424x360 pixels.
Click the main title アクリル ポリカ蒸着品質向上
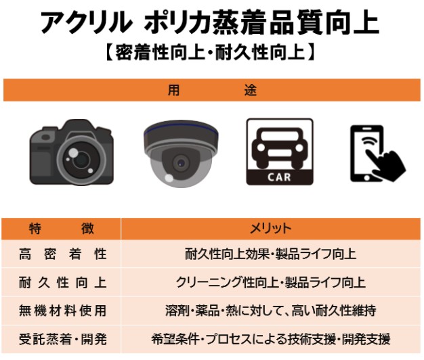210,23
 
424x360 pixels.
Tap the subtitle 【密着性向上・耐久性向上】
210,52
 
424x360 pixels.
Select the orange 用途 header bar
212,90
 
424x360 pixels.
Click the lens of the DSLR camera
81,160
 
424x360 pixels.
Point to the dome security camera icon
181,154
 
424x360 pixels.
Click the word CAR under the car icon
279,177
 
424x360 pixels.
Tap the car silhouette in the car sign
280,146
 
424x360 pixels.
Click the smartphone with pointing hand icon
378,154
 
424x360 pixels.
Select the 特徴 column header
62,229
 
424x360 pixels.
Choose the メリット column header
270,229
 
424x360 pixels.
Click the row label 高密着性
63,254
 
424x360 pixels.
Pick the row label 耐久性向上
63,283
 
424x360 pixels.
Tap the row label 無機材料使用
63,311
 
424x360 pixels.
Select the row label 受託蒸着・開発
63,339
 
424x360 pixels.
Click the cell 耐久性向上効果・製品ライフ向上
270,254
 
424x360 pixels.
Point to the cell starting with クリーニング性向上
270,283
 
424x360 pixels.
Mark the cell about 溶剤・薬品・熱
270,311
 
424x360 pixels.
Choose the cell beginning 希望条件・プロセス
270,339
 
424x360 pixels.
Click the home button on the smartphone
366,178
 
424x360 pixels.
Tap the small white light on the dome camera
169,178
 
